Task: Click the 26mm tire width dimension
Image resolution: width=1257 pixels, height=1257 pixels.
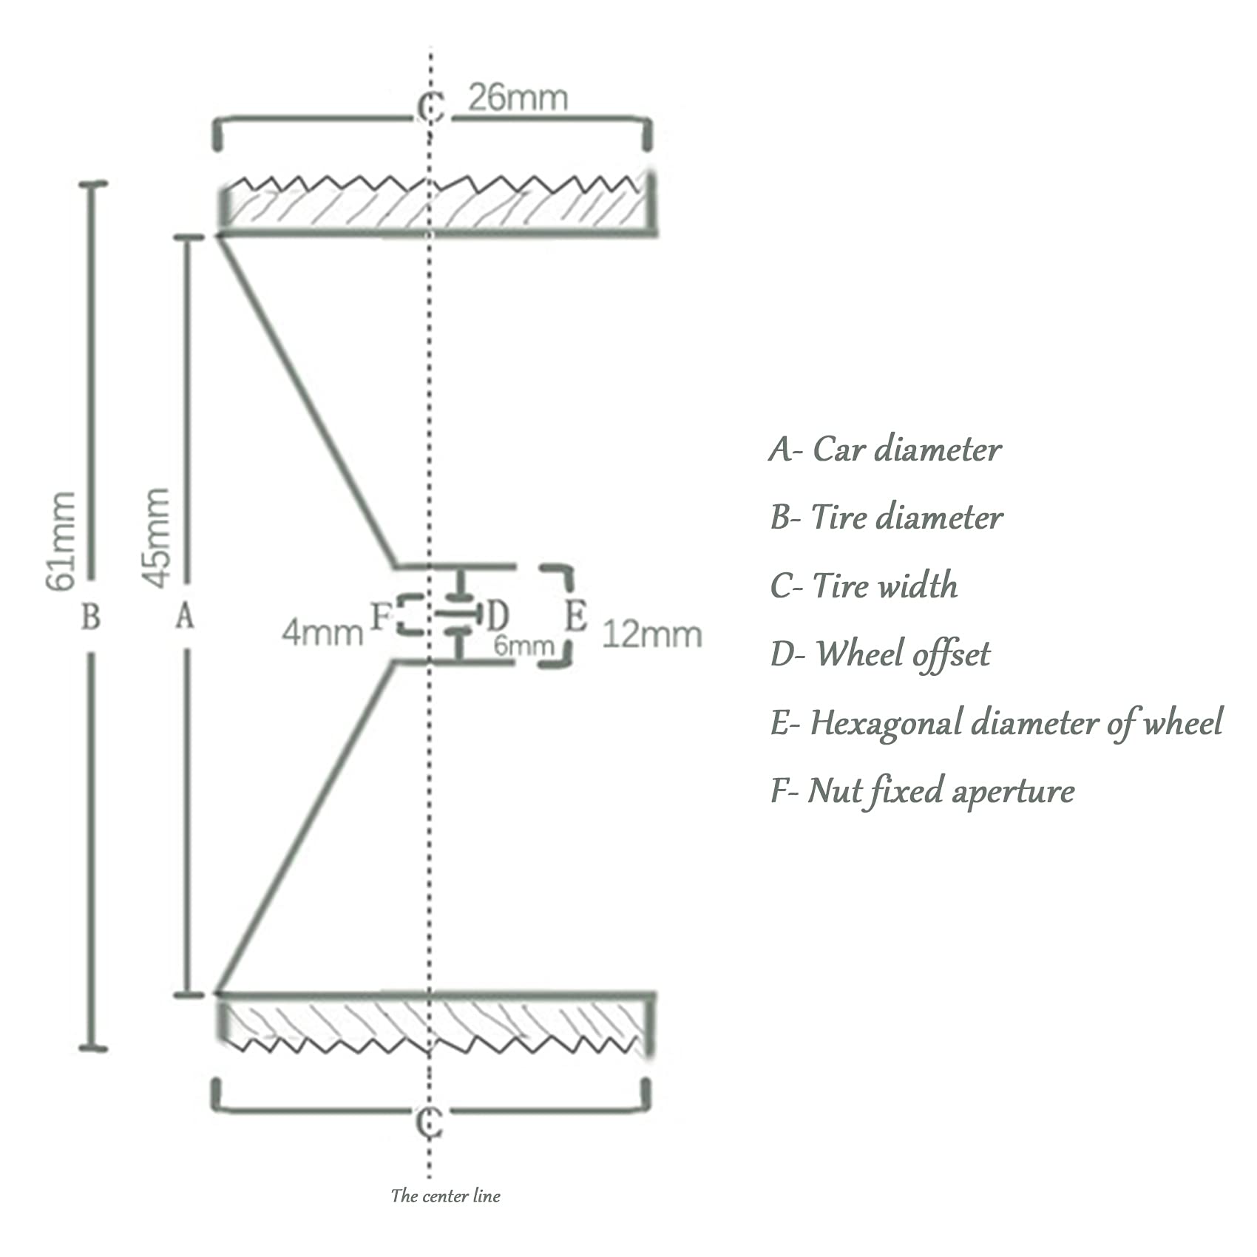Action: (x=518, y=98)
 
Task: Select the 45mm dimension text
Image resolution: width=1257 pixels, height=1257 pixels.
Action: (x=156, y=538)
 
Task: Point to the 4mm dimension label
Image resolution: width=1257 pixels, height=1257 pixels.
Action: (x=322, y=633)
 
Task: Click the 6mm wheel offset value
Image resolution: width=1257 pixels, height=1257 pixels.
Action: (x=524, y=646)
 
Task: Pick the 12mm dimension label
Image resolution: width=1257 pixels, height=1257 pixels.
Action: (x=651, y=634)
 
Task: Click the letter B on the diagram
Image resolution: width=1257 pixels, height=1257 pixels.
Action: (x=90, y=616)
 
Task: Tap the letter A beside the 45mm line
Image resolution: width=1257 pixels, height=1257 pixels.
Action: (x=185, y=615)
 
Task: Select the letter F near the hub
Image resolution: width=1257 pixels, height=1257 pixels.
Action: (x=379, y=616)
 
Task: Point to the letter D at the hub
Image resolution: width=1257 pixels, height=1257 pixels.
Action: (x=498, y=614)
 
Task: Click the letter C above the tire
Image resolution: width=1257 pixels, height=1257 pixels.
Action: (x=430, y=108)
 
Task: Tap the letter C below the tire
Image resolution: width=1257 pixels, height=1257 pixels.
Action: (x=429, y=1123)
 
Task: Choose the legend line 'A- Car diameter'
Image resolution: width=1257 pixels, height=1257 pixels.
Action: (x=885, y=449)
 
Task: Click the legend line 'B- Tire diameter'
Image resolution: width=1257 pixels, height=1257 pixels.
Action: (x=887, y=517)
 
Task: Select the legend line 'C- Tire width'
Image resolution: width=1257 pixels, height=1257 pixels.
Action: (x=864, y=586)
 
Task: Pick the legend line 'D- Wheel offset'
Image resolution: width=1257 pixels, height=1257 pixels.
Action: (x=880, y=654)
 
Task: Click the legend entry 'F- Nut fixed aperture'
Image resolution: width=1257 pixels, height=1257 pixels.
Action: (x=922, y=791)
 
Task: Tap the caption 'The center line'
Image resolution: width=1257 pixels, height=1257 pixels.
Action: (x=445, y=1196)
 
